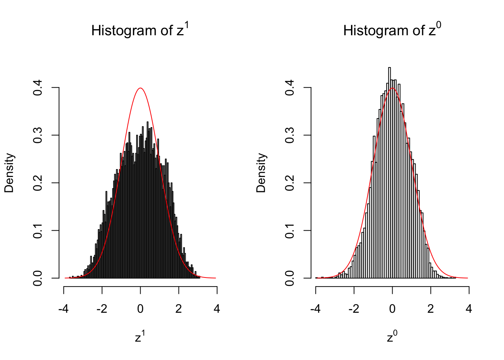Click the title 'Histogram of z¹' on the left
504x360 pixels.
[x=140, y=30]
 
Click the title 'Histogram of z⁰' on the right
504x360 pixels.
[x=392, y=30]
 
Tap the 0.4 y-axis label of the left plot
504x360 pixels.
[x=38, y=87]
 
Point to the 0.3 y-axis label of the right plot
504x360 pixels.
[x=290, y=135]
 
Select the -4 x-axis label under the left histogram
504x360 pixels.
[x=64, y=309]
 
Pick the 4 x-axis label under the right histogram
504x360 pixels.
[x=469, y=309]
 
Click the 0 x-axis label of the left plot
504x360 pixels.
[x=140, y=309]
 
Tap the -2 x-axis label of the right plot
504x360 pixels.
[x=354, y=309]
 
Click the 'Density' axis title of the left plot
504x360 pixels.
[x=9, y=173]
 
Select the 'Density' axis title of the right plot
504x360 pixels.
[x=261, y=173]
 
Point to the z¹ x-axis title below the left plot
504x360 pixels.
[x=140, y=337]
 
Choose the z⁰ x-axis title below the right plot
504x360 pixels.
[x=392, y=337]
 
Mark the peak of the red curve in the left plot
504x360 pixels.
[x=140, y=88]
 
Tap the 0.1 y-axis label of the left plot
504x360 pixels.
[x=38, y=230]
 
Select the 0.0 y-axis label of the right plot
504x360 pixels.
[x=290, y=278]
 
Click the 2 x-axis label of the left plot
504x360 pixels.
[x=178, y=309]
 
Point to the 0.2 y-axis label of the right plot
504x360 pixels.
[x=290, y=183]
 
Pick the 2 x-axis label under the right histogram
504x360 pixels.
[x=430, y=309]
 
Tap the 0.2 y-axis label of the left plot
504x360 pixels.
[x=38, y=183]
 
